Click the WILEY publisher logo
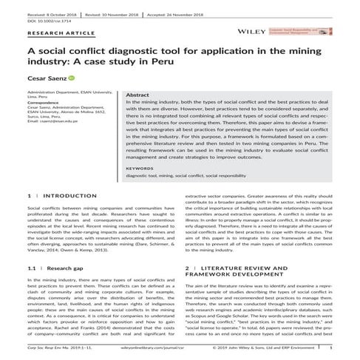tap(251, 32)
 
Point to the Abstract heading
tap(138, 95)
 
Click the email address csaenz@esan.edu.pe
tap(51, 120)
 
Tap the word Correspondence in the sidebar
tap(45, 101)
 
